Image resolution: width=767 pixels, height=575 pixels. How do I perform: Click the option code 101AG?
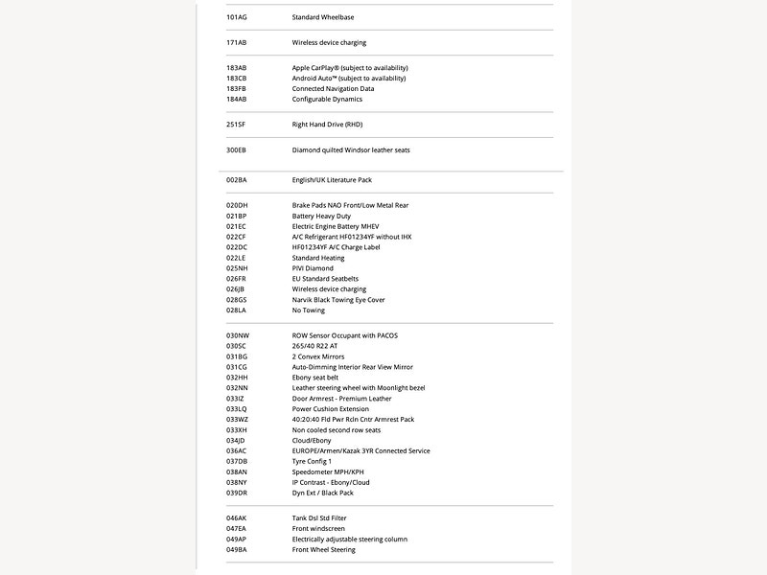pos(237,17)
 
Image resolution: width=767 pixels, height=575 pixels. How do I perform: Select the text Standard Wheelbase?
pos(328,17)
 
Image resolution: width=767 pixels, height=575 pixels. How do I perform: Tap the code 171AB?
pos(237,43)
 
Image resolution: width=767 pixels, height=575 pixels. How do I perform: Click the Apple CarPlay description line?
pos(350,68)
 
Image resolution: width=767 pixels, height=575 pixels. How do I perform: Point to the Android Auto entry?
pos(349,79)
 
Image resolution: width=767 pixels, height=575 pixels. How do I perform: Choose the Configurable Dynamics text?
pos(329,99)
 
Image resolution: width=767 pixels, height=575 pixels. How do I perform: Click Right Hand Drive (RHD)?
pos(327,125)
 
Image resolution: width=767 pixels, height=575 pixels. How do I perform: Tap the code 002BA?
pos(237,179)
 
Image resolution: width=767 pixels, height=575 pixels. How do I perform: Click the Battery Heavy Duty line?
pos(323,216)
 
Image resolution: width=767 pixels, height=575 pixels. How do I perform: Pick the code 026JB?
pos(236,289)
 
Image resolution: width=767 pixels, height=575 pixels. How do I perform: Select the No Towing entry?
pos(309,310)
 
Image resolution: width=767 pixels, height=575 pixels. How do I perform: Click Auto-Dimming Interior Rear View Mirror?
pos(353,367)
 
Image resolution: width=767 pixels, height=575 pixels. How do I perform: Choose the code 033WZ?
pos(237,419)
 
